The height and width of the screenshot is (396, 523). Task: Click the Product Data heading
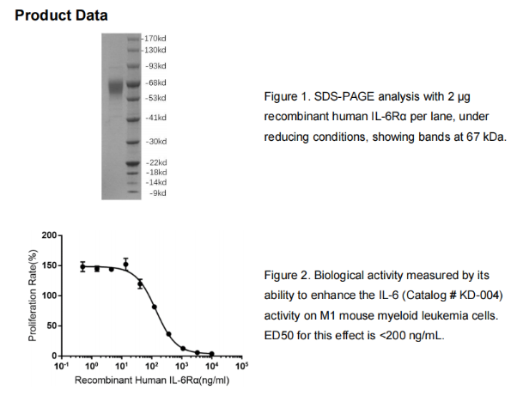[x=61, y=15]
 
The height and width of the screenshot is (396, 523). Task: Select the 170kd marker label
[x=155, y=39]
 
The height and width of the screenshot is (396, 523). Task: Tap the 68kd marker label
[x=157, y=82]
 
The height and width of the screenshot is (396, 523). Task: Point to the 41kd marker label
[x=157, y=118]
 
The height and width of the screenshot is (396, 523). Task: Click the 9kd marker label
[x=159, y=192]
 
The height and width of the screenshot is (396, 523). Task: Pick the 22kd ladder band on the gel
[x=133, y=163]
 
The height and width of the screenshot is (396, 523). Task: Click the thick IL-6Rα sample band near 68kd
[x=116, y=88]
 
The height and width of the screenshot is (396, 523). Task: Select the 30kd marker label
[x=157, y=142]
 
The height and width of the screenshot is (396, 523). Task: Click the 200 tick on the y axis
[x=49, y=235]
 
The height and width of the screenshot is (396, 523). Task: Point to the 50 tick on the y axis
[x=52, y=326]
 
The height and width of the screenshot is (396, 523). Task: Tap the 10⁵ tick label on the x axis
[x=242, y=366]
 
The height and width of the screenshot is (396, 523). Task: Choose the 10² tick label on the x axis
[x=152, y=366]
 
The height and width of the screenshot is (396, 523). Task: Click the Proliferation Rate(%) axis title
[x=33, y=295]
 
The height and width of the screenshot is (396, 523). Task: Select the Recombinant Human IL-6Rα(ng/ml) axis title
[x=152, y=380]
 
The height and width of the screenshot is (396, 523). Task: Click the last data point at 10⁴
[x=212, y=354]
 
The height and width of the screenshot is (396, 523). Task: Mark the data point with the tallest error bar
[x=125, y=265]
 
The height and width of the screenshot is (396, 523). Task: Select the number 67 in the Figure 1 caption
[x=472, y=137]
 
